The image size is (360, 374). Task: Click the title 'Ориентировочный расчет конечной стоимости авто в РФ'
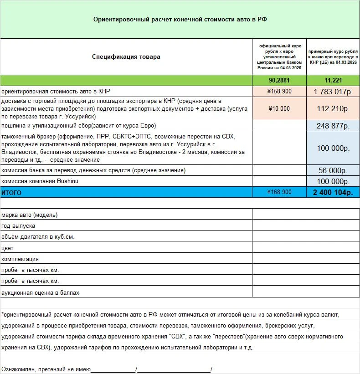click(x=180, y=20)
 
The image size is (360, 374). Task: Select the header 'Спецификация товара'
click(x=126, y=57)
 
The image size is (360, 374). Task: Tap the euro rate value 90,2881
click(x=279, y=80)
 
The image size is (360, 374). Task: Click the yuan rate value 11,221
click(x=333, y=80)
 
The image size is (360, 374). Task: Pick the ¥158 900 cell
click(x=279, y=91)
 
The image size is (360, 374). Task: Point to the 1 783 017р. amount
click(x=333, y=91)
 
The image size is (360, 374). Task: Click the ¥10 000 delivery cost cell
click(x=279, y=108)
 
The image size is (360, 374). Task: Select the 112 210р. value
click(x=333, y=108)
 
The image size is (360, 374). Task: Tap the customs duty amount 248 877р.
click(x=333, y=126)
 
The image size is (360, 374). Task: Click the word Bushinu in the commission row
click(x=56, y=181)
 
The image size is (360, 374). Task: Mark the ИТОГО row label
click(x=12, y=193)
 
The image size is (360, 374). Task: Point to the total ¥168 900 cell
click(x=279, y=192)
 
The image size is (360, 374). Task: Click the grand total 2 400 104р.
click(x=333, y=192)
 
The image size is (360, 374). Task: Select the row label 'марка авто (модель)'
click(x=30, y=215)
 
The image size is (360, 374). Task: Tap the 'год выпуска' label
click(x=18, y=225)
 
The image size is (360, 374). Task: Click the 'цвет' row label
click(x=8, y=248)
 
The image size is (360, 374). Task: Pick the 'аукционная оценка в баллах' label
click(x=41, y=292)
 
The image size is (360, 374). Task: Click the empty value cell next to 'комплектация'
click(x=305, y=259)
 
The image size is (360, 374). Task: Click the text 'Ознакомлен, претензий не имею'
click(x=46, y=369)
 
